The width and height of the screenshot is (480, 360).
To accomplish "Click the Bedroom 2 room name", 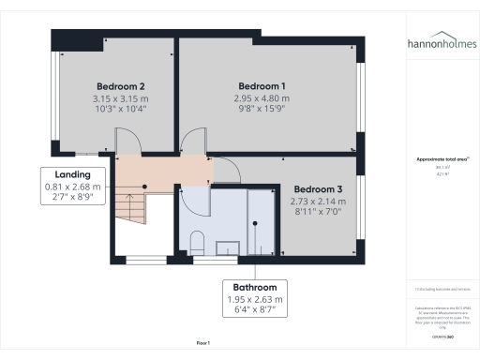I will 120,85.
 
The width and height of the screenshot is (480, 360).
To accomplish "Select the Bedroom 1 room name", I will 262,85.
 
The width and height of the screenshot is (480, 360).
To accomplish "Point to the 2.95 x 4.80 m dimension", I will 262,97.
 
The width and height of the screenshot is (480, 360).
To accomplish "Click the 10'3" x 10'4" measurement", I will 120,110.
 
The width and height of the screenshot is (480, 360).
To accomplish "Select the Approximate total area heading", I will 439,159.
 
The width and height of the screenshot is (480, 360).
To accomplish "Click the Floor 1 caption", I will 202,344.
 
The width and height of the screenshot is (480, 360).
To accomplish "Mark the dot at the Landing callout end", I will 145,187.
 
